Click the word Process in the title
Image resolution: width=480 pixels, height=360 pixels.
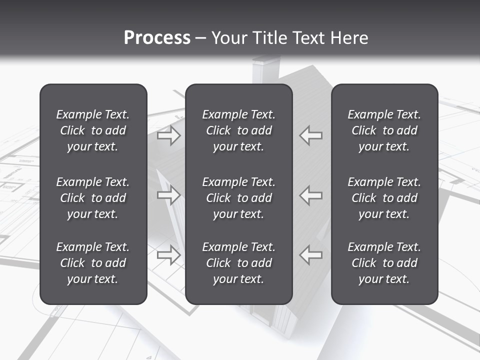tap(157, 37)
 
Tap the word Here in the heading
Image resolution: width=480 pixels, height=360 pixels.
tap(349, 37)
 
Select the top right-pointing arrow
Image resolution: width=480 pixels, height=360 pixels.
tap(168, 135)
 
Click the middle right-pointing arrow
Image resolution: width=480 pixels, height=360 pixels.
tap(168, 195)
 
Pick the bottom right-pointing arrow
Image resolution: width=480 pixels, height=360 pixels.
tap(168, 254)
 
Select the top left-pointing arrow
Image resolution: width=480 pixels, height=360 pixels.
tap(311, 135)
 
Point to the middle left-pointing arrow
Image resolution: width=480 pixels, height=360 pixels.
tap(311, 195)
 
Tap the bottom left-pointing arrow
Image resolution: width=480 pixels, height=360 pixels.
tap(311, 254)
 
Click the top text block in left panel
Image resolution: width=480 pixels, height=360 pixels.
tap(93, 130)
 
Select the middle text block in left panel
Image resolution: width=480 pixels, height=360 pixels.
tap(93, 198)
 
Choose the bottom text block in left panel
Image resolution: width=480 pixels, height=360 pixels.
tap(93, 263)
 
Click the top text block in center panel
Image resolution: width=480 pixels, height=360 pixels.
tap(239, 130)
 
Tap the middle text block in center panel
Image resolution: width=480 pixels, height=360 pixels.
tap(239, 198)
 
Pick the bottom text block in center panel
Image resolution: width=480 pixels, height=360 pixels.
tap(239, 263)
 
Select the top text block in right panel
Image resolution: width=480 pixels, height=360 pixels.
tap(384, 130)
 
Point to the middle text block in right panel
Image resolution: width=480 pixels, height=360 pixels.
tap(384, 198)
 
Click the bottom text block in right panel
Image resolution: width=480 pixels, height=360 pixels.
tap(384, 263)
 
